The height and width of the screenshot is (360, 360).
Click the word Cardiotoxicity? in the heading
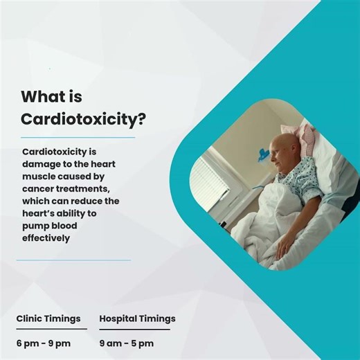[83, 118]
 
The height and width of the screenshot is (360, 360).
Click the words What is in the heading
[51, 97]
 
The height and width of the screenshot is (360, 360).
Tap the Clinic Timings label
[48, 318]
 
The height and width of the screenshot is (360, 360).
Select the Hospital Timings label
[137, 318]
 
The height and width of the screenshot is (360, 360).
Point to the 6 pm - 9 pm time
[43, 343]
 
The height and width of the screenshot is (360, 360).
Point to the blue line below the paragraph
[73, 260]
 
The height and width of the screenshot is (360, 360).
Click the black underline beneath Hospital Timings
[134, 329]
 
